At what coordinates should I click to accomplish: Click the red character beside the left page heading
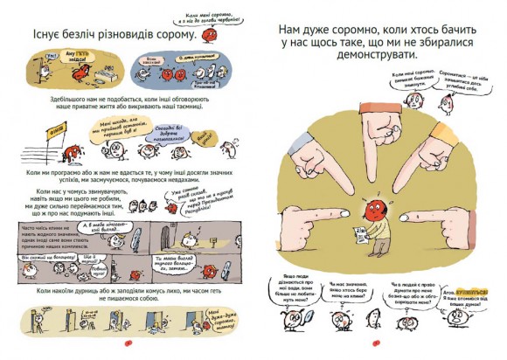(208, 37)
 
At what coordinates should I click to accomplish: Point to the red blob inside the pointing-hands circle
(372, 211)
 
